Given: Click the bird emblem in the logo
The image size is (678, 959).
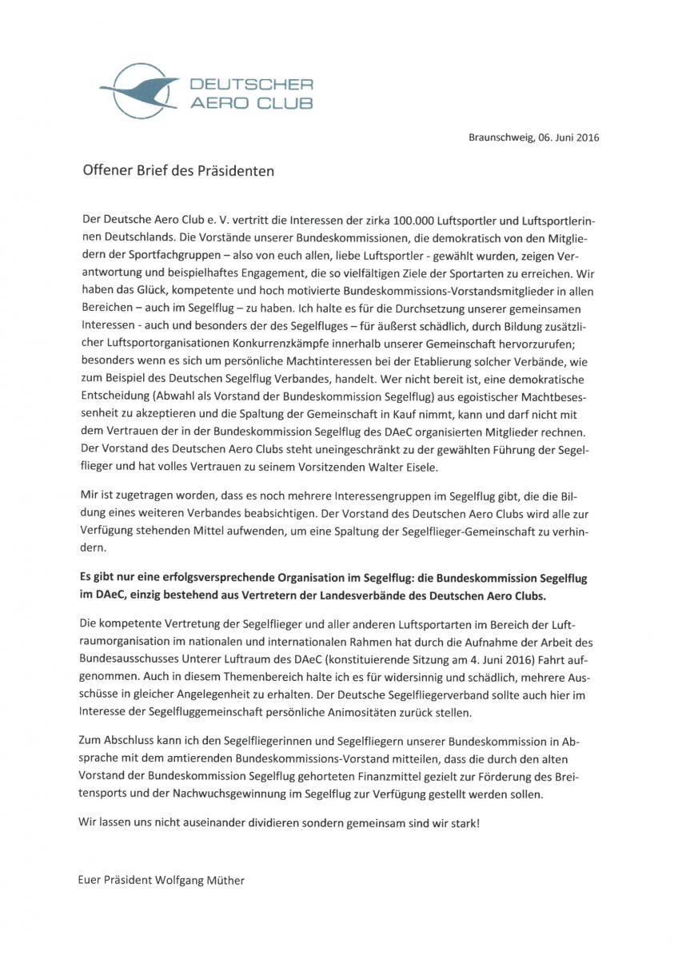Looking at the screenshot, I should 137,89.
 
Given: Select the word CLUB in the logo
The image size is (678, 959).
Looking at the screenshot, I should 281,102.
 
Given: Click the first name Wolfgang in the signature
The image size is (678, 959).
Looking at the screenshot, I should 160,881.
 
